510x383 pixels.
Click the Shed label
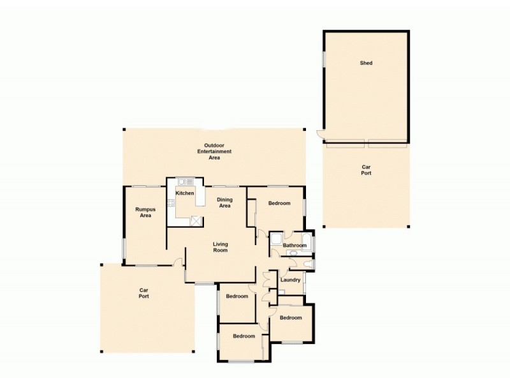365,63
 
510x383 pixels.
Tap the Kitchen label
185,193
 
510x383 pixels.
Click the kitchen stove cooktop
171,204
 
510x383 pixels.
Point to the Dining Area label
224,203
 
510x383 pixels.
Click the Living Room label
221,247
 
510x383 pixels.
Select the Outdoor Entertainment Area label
214,151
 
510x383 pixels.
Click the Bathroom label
295,245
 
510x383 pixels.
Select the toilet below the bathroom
308,263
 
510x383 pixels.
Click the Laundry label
290,280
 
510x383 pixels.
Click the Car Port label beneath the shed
365,170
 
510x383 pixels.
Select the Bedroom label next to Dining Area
279,203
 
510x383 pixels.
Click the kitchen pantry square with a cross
195,220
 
